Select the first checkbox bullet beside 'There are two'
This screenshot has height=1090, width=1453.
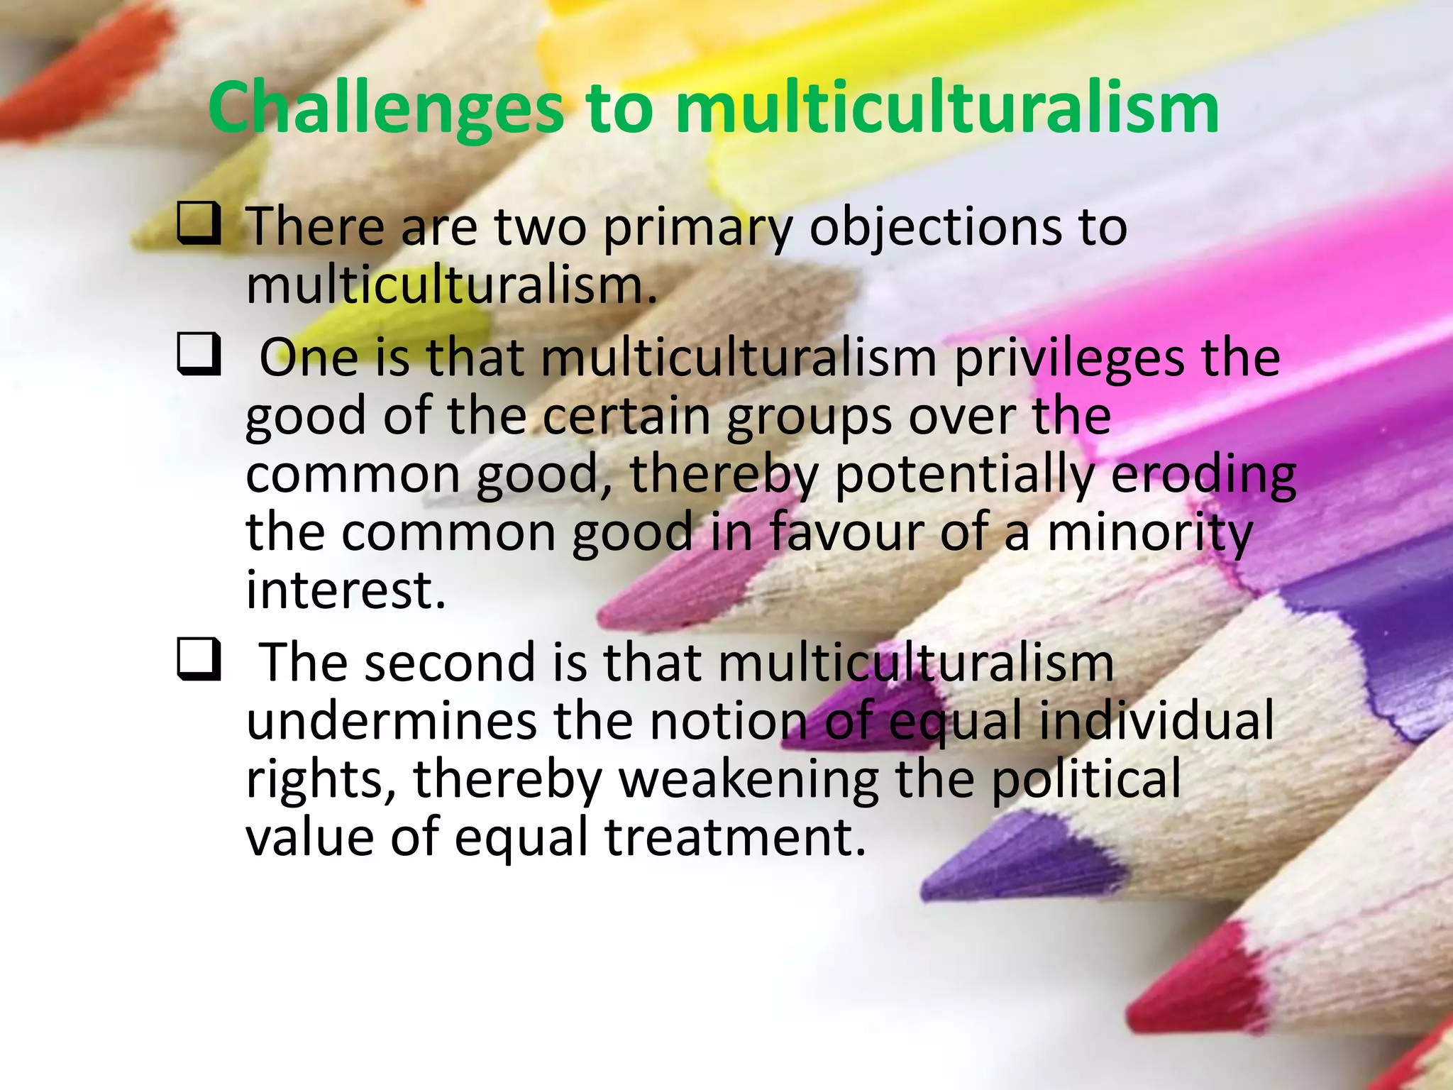point(198,224)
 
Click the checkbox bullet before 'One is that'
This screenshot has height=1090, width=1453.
point(198,354)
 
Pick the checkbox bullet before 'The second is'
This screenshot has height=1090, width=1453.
point(198,659)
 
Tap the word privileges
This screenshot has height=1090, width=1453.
point(1068,358)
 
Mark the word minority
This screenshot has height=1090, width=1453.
point(1149,534)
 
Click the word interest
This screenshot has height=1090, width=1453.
point(346,590)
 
